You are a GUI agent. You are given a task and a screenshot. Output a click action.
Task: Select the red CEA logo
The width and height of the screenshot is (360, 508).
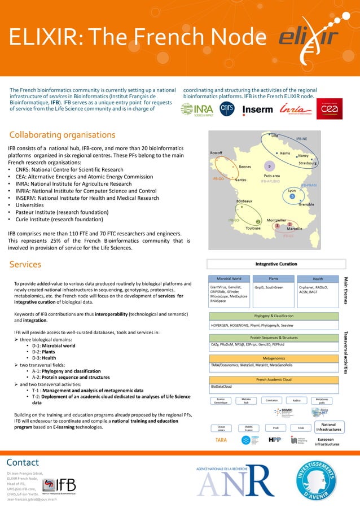(x=330, y=109)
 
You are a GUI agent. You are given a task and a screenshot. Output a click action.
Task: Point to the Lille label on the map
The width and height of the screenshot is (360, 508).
(x=274, y=135)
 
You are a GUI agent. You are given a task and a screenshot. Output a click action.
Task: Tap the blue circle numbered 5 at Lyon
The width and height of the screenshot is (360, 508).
(x=292, y=196)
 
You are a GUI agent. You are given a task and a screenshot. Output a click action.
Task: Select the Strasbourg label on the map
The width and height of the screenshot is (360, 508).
(x=308, y=163)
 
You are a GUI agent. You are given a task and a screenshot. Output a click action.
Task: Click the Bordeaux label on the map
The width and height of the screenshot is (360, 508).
(x=244, y=202)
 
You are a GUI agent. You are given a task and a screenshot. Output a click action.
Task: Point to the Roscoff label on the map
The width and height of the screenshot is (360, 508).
(x=219, y=153)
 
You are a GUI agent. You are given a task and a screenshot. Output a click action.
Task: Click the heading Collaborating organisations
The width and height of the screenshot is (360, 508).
(x=62, y=135)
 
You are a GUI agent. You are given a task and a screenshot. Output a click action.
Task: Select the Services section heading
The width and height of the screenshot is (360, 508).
(x=25, y=264)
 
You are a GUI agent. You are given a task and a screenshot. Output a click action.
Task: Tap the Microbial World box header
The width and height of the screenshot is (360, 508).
(x=229, y=278)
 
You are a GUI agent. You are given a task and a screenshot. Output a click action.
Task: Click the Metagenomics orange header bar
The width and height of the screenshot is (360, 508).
(x=273, y=358)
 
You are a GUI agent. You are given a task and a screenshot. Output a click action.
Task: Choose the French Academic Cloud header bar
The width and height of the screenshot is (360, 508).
(x=273, y=380)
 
